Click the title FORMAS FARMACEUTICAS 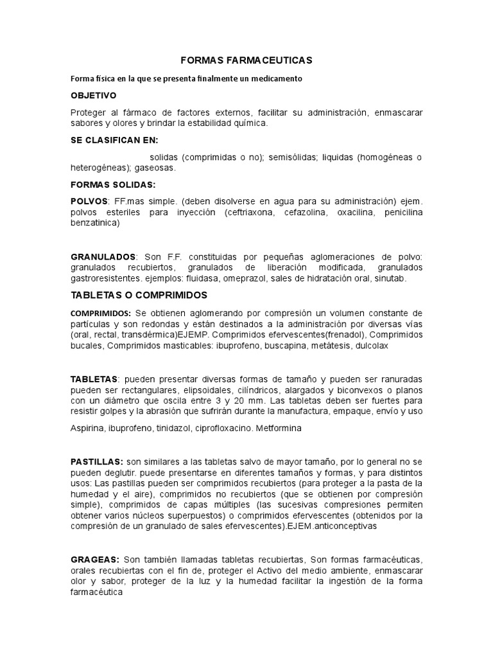tap(246, 60)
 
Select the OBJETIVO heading tap(93, 95)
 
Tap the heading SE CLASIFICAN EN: tap(114, 140)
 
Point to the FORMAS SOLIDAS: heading tap(112, 185)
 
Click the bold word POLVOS tap(89, 201)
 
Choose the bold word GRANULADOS tap(103, 257)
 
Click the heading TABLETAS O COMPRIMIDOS tap(139, 295)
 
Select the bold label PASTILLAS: tap(96, 461)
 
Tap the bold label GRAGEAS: tap(95, 559)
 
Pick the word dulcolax tap(368, 345)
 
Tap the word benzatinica tap(94, 224)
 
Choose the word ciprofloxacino tap(212, 428)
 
